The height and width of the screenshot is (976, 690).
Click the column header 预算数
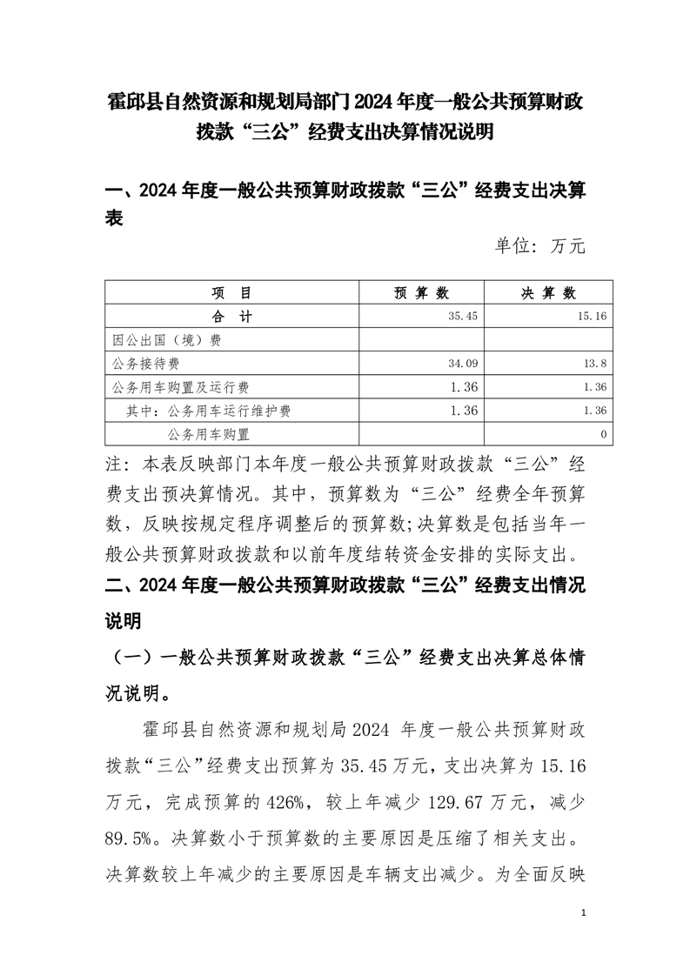pos(421,292)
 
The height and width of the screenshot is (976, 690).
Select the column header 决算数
pos(548,292)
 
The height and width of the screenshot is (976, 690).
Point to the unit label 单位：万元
pos(540,246)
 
